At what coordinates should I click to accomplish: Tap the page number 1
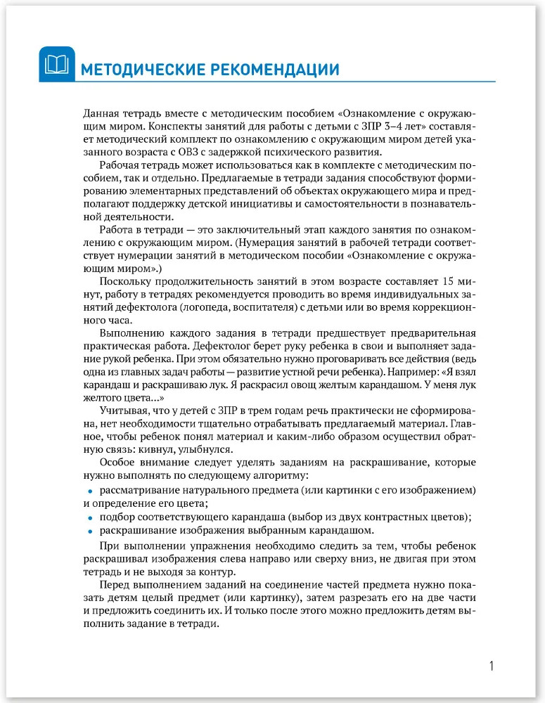(x=492, y=664)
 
